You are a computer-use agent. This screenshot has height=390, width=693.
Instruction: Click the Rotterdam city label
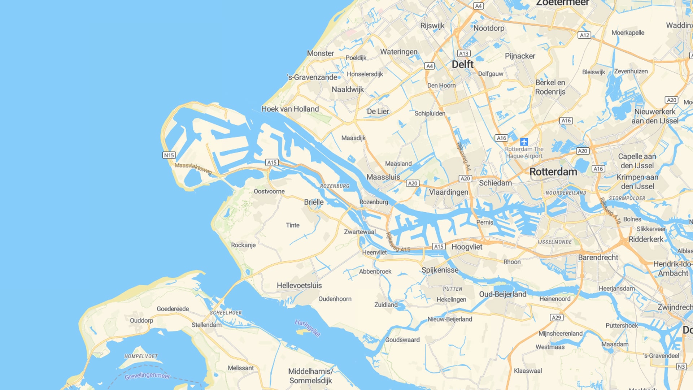point(553,172)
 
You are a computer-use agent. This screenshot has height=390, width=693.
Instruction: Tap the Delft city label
point(462,65)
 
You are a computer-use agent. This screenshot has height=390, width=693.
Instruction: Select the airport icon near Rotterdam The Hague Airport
point(524,142)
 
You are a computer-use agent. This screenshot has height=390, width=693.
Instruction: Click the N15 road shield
point(169,155)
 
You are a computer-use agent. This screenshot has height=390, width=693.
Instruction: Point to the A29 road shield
point(556,317)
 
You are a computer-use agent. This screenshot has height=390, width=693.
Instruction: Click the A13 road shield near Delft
point(463,53)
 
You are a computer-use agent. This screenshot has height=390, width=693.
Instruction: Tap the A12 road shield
point(584,35)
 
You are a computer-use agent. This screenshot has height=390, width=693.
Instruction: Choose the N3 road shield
point(681,367)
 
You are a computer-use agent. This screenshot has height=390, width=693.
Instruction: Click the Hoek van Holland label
point(290,109)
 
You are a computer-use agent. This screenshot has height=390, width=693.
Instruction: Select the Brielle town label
point(314,202)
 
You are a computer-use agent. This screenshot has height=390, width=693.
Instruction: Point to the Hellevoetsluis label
point(299,286)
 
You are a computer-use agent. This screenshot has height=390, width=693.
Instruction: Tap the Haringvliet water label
point(307,328)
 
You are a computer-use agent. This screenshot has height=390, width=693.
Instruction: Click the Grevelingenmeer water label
point(147,376)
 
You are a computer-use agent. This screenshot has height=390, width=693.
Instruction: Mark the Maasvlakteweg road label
point(193,168)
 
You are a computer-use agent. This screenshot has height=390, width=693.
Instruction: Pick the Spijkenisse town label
point(440,270)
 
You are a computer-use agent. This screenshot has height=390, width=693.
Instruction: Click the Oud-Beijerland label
point(503,294)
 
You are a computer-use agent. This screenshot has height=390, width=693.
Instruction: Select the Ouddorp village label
point(141,321)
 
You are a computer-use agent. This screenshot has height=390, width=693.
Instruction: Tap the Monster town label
point(321,53)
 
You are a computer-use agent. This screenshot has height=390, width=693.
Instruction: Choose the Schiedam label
point(495,183)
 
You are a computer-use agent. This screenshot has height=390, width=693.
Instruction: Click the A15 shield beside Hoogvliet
point(439,247)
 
